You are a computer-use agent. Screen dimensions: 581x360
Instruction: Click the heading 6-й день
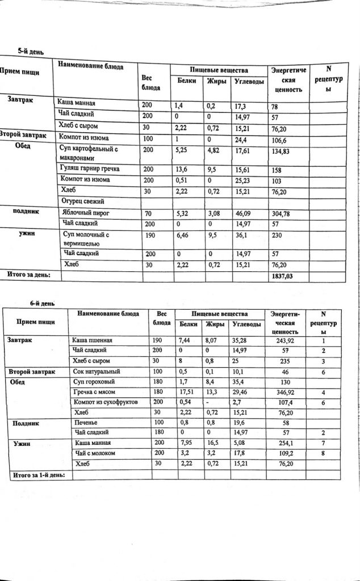click(x=42, y=303)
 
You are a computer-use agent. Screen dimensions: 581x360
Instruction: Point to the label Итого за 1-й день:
click(x=38, y=474)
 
